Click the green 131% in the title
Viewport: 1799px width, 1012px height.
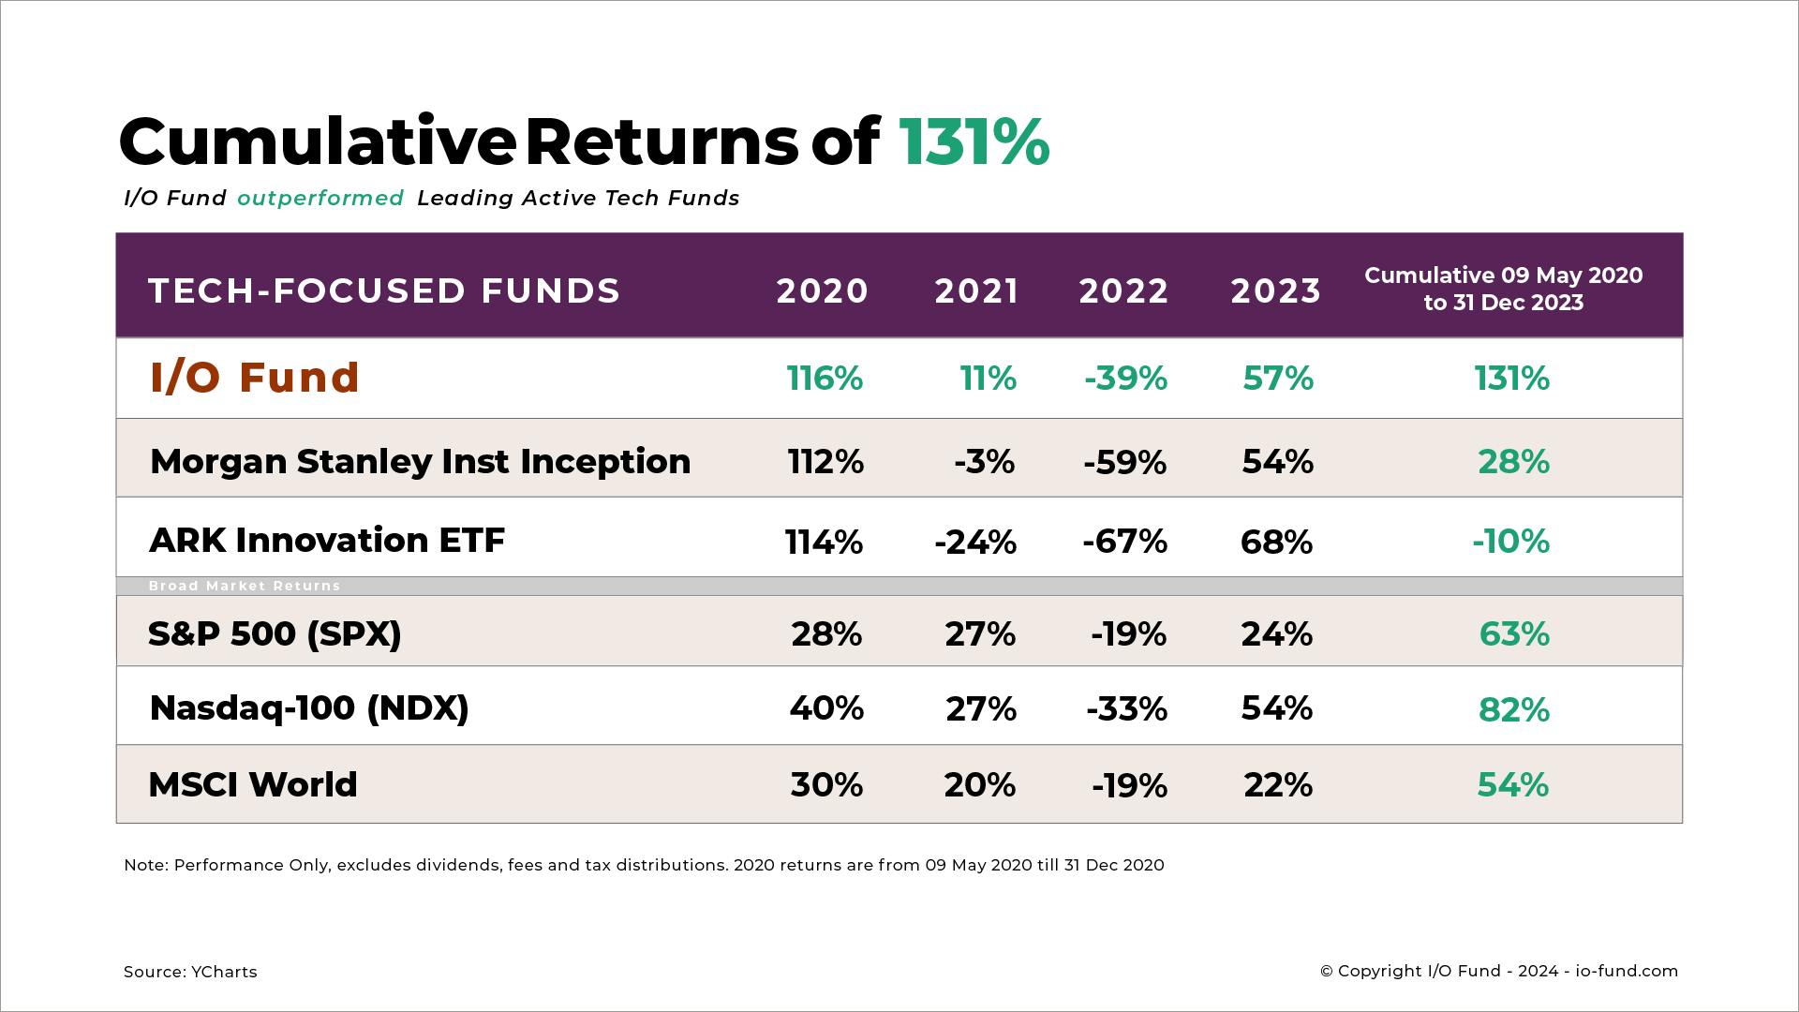tap(974, 142)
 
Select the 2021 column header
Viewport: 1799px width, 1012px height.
tap(976, 290)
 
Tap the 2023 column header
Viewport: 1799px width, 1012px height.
tap(1275, 290)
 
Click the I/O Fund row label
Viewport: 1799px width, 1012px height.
tap(255, 378)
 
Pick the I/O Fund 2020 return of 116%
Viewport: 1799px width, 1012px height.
tap(825, 379)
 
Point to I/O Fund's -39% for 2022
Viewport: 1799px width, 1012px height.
tap(1125, 379)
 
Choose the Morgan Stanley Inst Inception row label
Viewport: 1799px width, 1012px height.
tap(420, 461)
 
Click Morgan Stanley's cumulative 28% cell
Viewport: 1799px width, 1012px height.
tap(1513, 462)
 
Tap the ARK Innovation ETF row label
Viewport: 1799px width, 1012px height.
tap(327, 540)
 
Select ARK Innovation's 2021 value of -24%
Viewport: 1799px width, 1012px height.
tap(975, 542)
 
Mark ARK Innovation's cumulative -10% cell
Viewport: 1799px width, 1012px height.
tap(1510, 542)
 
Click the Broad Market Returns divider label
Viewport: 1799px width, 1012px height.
tap(245, 586)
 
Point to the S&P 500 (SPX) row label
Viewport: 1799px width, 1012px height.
tap(275, 633)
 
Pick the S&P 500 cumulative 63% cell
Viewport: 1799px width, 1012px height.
tap(1514, 634)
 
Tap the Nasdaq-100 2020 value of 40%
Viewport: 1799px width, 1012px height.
tap(826, 708)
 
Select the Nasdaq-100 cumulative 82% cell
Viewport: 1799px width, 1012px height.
tap(1514, 710)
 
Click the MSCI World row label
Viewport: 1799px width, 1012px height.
tap(253, 784)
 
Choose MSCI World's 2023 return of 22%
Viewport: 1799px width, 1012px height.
tap(1277, 785)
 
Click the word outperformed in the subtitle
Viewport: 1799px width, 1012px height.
tap(320, 198)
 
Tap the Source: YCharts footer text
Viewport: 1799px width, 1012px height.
tap(190, 972)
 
